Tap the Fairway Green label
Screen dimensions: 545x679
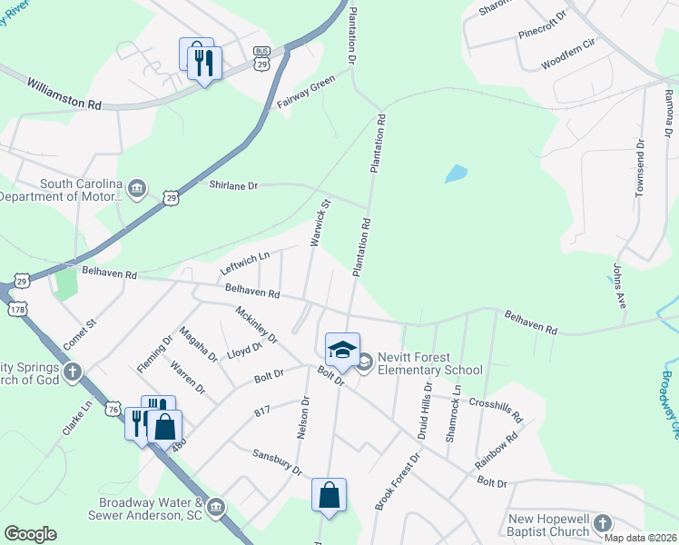coord(307,94)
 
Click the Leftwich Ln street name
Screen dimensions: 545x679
coord(245,264)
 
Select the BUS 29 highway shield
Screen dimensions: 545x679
coord(262,57)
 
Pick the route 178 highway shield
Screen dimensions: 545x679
coord(17,310)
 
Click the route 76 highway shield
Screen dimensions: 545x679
coord(112,410)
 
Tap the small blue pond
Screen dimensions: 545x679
coord(456,173)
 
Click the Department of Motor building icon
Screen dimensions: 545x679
coord(137,189)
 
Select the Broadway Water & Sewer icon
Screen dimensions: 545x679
coord(215,506)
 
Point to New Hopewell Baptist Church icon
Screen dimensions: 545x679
coord(602,523)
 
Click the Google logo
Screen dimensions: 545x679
coord(30,534)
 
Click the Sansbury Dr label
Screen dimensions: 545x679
coord(277,460)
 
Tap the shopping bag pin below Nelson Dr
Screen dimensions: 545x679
coord(329,496)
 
